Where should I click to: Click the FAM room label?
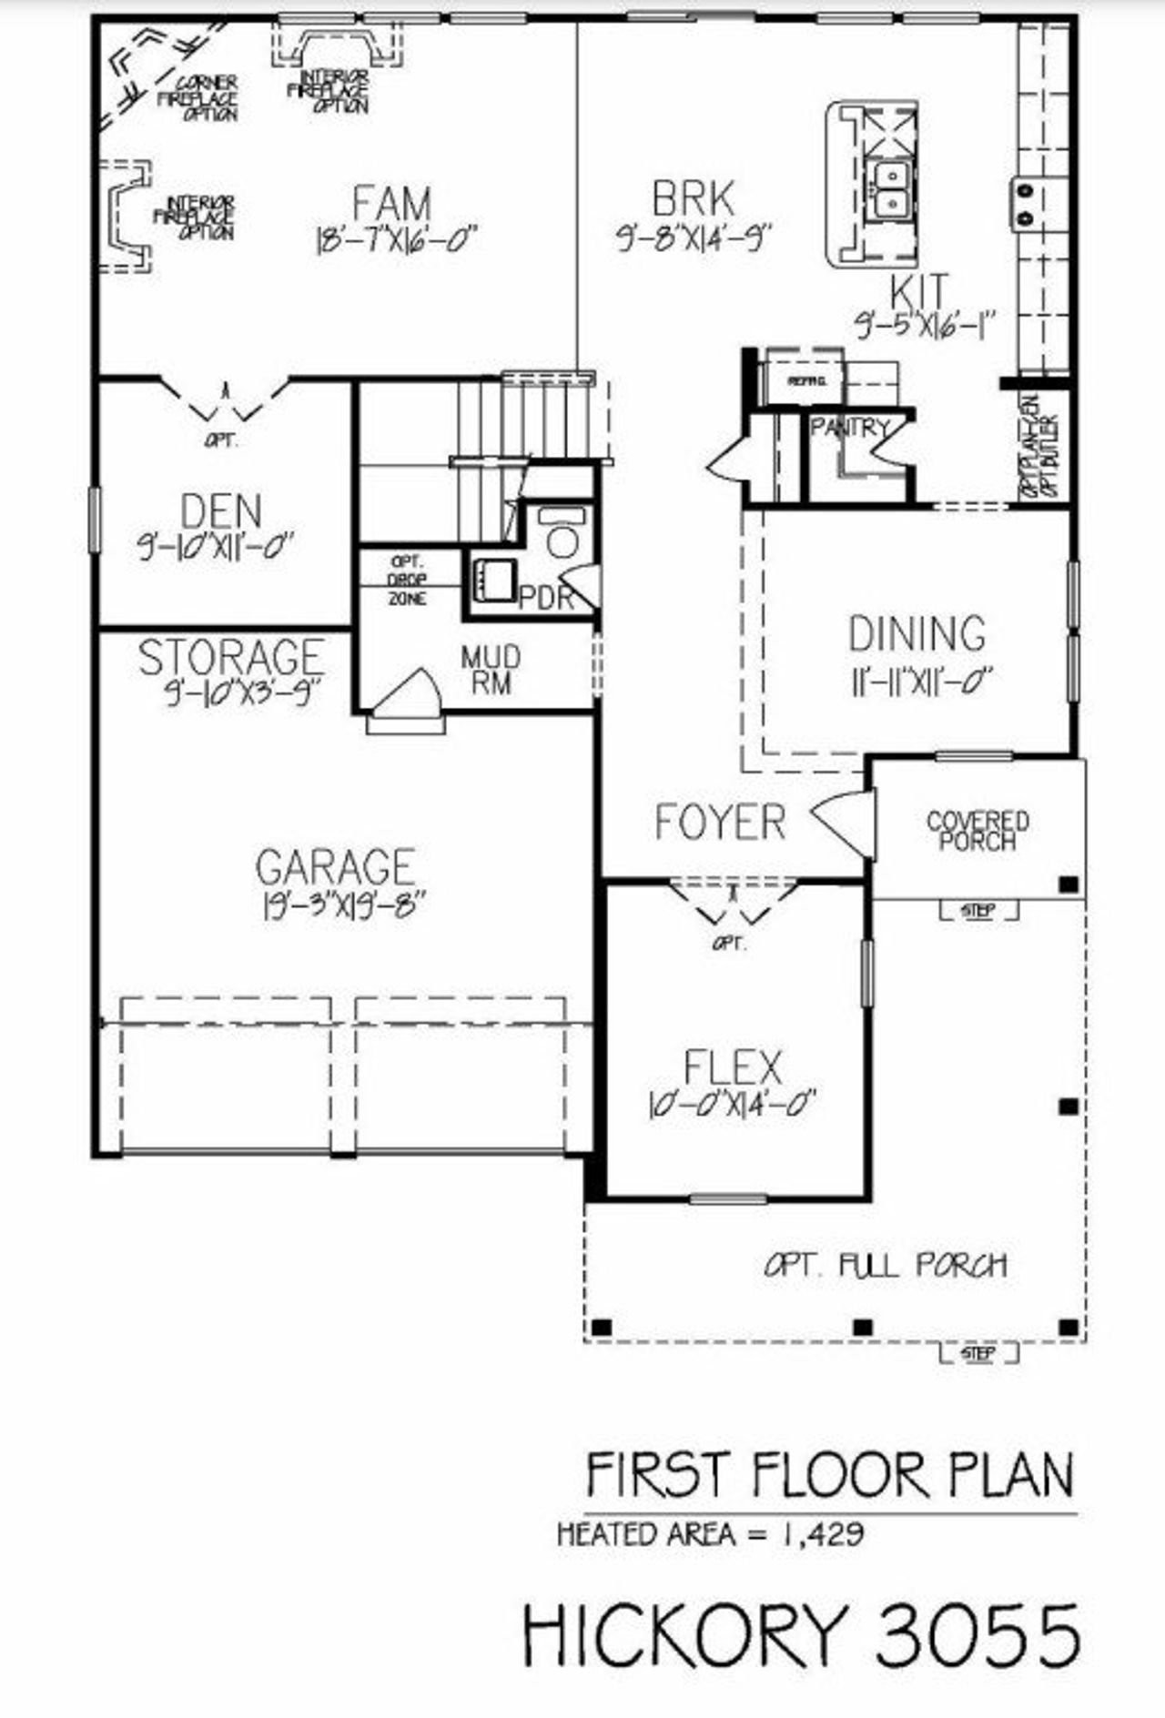(391, 203)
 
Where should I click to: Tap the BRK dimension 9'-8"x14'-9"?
(694, 238)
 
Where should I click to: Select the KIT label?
(918, 292)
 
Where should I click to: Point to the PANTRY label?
(850, 427)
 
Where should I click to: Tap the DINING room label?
(917, 634)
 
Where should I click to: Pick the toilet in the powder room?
(562, 537)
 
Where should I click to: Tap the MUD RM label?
(491, 670)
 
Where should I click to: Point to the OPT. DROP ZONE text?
(405, 581)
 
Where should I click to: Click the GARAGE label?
(335, 867)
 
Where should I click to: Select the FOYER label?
(720, 822)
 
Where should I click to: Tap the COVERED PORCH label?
(978, 830)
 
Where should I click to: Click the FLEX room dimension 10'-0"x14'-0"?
(731, 1106)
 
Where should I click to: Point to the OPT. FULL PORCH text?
(886, 1265)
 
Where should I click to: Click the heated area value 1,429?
(821, 1534)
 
